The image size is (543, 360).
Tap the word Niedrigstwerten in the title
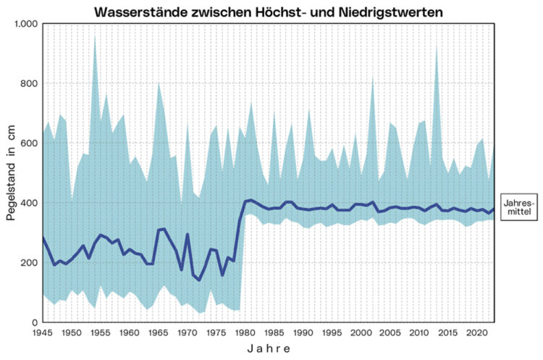click(395, 12)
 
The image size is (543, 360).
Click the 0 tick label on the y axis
click(32, 322)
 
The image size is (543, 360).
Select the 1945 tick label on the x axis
click(43, 332)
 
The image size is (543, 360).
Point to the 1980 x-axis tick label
click(246, 332)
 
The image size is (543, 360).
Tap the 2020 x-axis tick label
click(478, 332)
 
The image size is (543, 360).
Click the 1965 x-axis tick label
click(159, 332)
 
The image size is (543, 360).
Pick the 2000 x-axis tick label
click(362, 332)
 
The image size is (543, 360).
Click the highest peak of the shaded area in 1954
click(95, 36)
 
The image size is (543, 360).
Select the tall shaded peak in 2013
click(437, 48)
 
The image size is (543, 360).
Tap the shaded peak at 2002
click(373, 78)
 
